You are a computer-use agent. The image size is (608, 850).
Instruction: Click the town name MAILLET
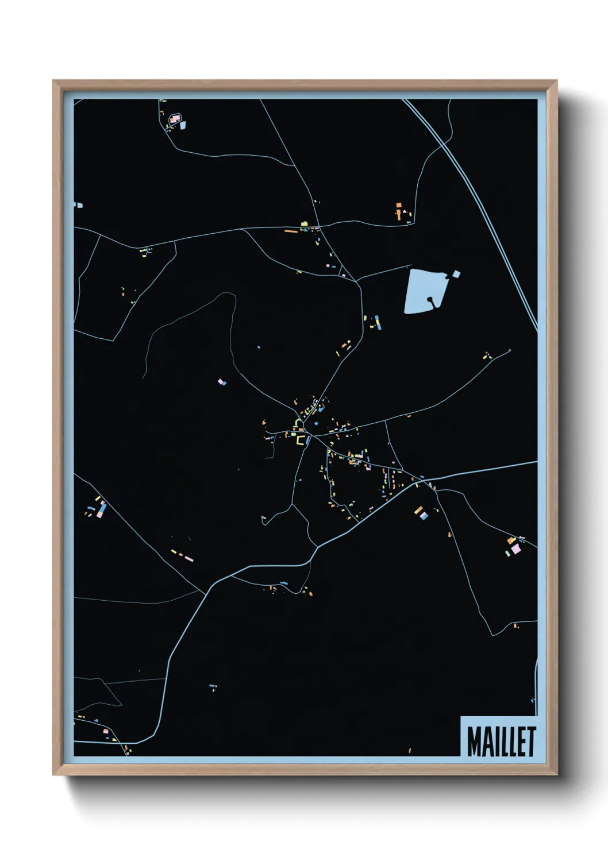click(501, 741)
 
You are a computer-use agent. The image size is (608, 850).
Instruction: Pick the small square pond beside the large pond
click(456, 274)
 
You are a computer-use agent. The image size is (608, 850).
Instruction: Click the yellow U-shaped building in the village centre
click(300, 441)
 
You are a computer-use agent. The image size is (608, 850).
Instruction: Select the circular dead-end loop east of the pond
click(510, 350)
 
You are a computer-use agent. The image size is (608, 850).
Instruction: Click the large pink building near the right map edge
click(515, 549)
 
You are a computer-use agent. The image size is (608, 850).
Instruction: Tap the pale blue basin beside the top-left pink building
click(183, 125)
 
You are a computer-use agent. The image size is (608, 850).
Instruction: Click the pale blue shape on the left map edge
click(78, 204)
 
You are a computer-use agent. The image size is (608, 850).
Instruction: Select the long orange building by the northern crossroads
click(291, 231)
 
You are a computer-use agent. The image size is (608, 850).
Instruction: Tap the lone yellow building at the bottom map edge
click(410, 750)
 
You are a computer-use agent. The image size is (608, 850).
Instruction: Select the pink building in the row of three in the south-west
click(189, 559)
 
